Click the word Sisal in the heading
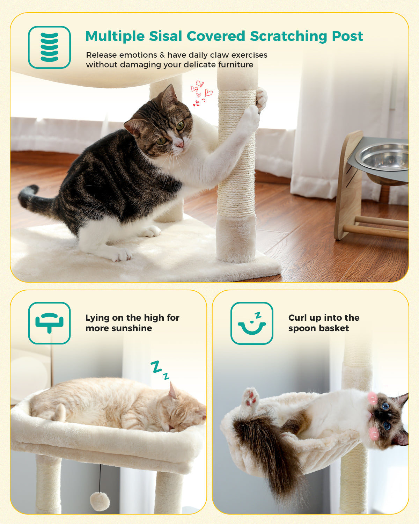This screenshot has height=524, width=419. [x=166, y=36]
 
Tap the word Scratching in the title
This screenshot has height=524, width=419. [x=288, y=37]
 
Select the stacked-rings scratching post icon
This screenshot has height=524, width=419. [x=50, y=47]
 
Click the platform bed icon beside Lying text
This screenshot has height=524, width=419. [x=50, y=323]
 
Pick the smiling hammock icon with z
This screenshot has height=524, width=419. [x=252, y=323]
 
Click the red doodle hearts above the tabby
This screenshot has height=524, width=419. [x=201, y=93]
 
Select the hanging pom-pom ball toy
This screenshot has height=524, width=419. [x=100, y=501]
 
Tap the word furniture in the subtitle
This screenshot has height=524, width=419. [x=235, y=65]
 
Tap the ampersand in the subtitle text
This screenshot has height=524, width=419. [x=162, y=55]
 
